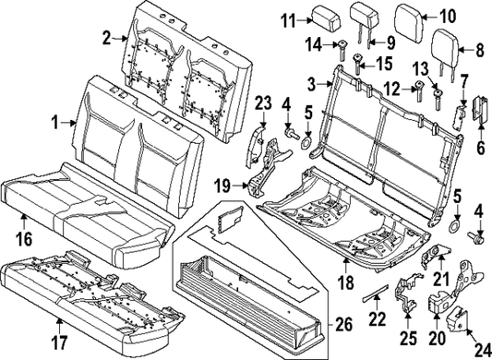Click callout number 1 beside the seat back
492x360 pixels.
pyautogui.click(x=54, y=121)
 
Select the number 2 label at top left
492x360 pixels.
pyautogui.click(x=107, y=37)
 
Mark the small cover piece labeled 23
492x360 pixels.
pyautogui.click(x=258, y=143)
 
